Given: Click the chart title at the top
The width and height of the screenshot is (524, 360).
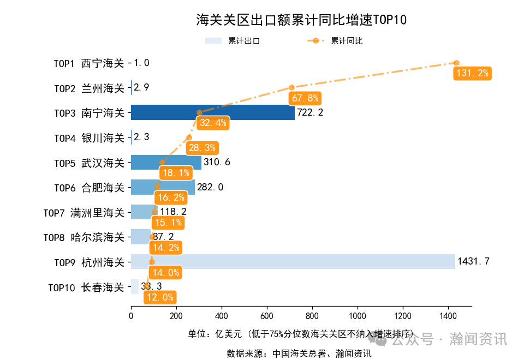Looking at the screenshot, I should (301, 20).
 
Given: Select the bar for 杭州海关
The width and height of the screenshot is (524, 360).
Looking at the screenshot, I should (293, 262).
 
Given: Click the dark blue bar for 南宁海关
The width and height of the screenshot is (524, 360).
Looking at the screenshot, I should (213, 113).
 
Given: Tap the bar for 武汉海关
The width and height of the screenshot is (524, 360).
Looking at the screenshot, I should (166, 163).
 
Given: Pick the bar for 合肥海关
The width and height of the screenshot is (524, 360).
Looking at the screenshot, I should (163, 187).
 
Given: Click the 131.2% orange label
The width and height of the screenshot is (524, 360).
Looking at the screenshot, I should (472, 73).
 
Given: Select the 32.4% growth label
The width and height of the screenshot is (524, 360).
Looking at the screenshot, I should (213, 123).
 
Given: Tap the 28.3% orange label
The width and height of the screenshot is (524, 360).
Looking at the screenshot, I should (202, 147).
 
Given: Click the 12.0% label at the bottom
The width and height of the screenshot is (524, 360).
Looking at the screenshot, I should (160, 297).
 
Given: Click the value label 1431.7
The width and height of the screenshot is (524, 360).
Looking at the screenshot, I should (473, 262).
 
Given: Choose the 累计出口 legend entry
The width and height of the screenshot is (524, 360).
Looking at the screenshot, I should (233, 41).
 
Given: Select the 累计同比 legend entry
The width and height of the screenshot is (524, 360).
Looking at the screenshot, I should (335, 41).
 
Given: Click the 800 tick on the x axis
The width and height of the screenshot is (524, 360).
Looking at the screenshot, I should (312, 315).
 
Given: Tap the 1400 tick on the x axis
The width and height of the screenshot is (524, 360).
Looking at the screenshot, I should (448, 315).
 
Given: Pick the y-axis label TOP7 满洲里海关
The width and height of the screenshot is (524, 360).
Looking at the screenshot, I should (84, 212).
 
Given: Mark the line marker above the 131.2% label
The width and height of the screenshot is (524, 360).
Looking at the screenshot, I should (456, 63).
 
